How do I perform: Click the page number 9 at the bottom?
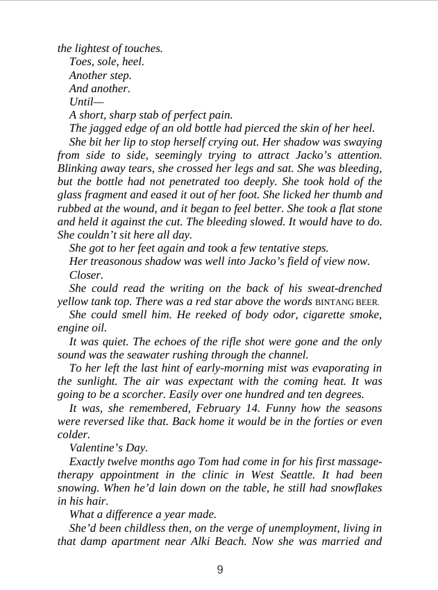220,570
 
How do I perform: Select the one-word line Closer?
86,275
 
